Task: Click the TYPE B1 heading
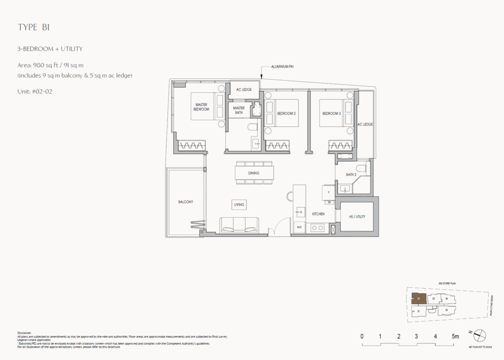(x=34, y=28)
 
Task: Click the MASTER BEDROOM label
(x=201, y=107)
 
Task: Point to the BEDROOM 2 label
(x=286, y=113)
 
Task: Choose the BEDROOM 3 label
(x=331, y=113)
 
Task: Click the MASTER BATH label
(x=239, y=110)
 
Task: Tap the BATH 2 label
(x=351, y=174)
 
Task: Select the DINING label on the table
(x=253, y=173)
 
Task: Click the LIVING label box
(x=240, y=204)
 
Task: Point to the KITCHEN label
(x=318, y=214)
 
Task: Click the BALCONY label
(x=186, y=202)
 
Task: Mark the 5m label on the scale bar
(x=455, y=336)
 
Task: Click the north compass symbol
(x=479, y=336)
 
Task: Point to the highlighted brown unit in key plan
(x=418, y=298)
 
